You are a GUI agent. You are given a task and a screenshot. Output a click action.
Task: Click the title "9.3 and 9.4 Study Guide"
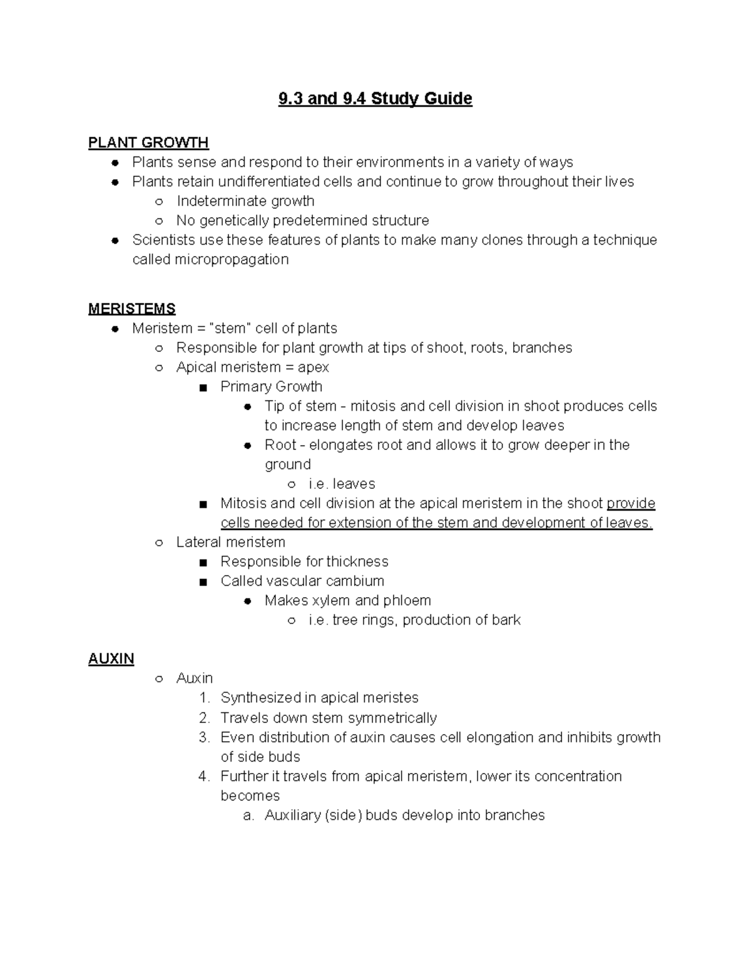point(375,99)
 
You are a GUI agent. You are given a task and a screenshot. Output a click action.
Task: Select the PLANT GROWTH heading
point(148,143)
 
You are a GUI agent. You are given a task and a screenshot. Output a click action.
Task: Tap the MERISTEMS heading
point(131,309)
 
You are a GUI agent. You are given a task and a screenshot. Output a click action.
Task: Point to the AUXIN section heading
point(111,658)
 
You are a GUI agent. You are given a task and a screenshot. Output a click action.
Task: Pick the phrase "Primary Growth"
point(271,386)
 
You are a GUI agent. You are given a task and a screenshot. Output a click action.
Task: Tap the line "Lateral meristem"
point(230,542)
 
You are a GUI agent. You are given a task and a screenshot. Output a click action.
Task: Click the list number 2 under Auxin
point(204,717)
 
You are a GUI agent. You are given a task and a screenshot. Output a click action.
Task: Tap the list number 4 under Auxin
point(204,776)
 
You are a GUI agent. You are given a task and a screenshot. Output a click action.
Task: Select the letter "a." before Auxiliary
point(248,815)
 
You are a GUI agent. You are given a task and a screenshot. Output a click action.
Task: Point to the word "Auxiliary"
point(292,815)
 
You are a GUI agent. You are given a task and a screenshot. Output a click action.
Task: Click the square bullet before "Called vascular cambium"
point(202,581)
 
